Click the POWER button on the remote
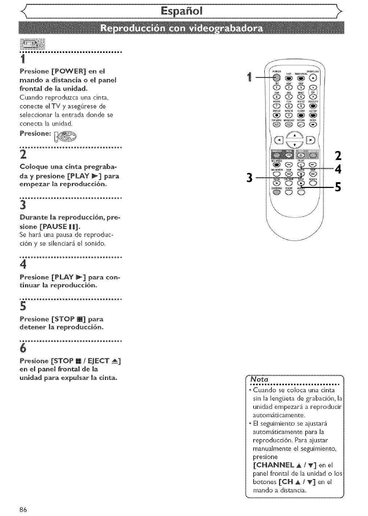pos(277,77)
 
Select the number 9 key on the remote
pos(300,106)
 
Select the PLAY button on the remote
pos(300,164)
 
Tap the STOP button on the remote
pos(300,183)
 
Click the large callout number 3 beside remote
pos(249,178)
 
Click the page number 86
pos(24,509)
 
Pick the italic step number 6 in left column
pos(23,348)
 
